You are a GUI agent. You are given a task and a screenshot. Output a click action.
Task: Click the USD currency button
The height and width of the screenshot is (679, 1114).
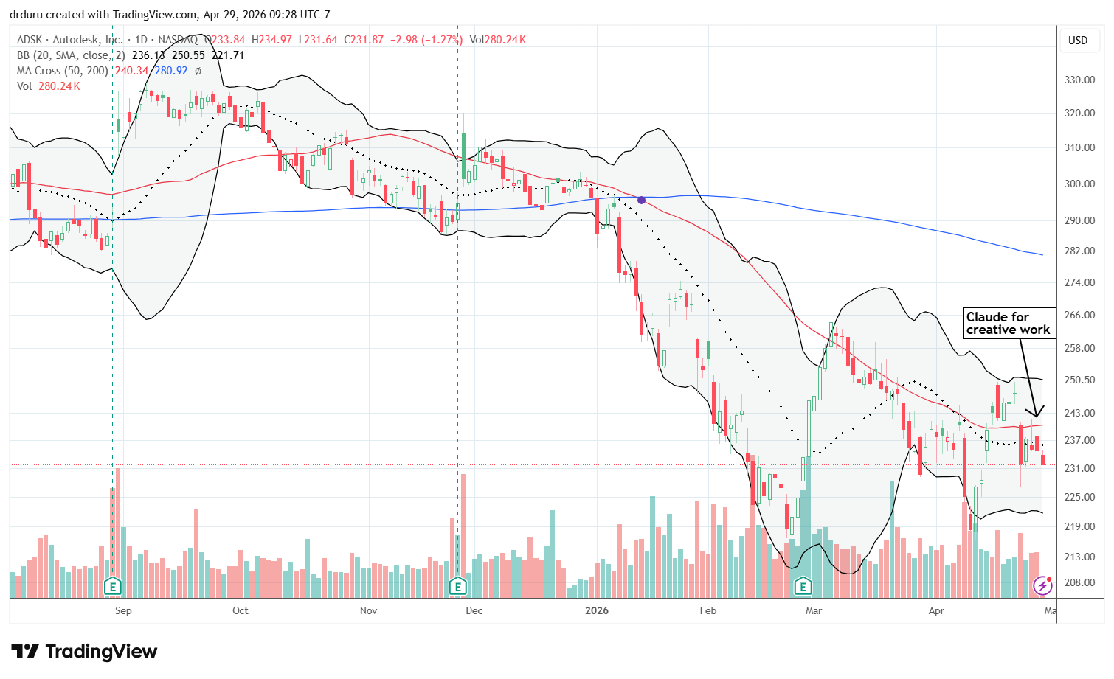(x=1078, y=41)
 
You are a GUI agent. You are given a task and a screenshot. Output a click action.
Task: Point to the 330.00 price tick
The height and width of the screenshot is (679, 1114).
(x=1078, y=80)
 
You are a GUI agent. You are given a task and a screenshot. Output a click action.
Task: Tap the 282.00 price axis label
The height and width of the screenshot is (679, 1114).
(x=1078, y=251)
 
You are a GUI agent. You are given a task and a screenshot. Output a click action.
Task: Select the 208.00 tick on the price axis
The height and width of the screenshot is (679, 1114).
(x=1078, y=582)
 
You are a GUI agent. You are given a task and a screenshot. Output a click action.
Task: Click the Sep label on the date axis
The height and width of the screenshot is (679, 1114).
(x=123, y=610)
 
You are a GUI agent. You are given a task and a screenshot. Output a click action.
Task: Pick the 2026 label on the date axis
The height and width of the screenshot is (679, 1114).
(x=597, y=610)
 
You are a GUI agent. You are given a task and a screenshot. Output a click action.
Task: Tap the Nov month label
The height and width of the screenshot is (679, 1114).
(x=368, y=610)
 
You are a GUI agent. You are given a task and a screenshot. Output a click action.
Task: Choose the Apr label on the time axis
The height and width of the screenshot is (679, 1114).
(x=936, y=610)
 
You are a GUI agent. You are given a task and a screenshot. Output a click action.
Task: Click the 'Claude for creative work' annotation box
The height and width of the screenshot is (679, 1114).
(x=1009, y=323)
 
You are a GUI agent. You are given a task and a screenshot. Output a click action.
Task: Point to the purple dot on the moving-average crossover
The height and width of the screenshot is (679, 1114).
(x=642, y=200)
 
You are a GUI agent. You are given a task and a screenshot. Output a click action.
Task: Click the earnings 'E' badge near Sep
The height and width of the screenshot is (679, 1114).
(x=113, y=587)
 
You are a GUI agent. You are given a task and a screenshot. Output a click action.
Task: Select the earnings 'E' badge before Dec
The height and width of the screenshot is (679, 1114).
(x=458, y=587)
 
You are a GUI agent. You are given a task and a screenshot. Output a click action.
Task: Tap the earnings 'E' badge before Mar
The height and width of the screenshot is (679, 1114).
(x=803, y=587)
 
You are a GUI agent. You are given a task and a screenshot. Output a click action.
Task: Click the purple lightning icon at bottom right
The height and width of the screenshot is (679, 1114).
(x=1042, y=585)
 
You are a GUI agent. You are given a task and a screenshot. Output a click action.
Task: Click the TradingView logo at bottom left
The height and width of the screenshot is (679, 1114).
(x=84, y=652)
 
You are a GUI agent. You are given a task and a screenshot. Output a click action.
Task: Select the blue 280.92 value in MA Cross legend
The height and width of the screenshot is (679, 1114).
(x=170, y=71)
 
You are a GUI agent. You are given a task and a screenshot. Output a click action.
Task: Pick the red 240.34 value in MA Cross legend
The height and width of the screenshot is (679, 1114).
(x=131, y=71)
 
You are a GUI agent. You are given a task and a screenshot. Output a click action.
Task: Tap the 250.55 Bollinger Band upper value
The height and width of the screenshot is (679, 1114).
(x=188, y=55)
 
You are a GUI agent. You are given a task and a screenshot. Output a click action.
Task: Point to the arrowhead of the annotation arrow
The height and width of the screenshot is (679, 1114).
(x=1037, y=416)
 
